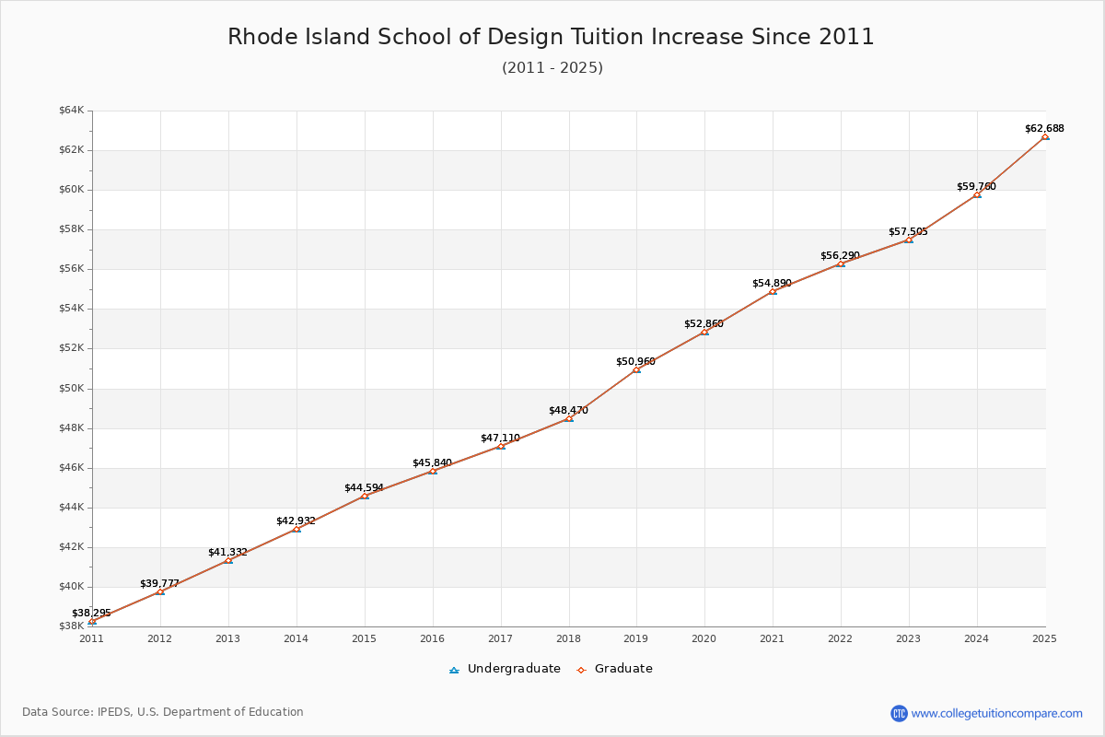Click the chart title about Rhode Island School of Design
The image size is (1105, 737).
(x=551, y=37)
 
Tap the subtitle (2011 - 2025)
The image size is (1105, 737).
(x=552, y=67)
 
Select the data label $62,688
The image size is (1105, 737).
(x=1044, y=128)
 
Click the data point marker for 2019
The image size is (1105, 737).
(x=636, y=369)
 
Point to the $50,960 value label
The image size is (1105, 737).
(x=635, y=361)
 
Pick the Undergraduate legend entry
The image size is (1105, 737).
(x=505, y=669)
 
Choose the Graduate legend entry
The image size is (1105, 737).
(x=615, y=669)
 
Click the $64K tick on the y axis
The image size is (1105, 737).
(x=72, y=110)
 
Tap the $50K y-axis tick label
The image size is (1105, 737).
(x=72, y=389)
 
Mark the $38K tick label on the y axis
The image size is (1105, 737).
(x=72, y=626)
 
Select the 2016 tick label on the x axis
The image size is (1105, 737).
(x=432, y=638)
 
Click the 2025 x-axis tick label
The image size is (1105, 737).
(x=1045, y=638)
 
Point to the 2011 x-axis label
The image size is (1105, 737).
(x=92, y=638)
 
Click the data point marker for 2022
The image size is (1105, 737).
(x=841, y=264)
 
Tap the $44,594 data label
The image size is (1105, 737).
(x=364, y=487)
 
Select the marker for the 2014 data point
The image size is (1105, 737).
(x=296, y=529)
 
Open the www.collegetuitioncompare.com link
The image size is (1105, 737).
(x=996, y=713)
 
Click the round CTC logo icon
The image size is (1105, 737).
(x=899, y=713)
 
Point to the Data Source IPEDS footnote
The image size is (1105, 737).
(x=163, y=712)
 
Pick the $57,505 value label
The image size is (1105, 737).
(x=908, y=231)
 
